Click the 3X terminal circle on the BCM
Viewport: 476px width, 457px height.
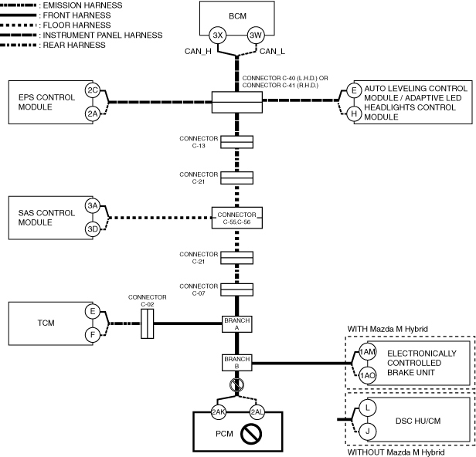[x=218, y=36]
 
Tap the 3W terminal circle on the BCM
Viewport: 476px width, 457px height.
[x=256, y=36]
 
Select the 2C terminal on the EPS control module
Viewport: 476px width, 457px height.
[x=93, y=90]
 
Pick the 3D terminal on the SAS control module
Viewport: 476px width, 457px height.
[x=93, y=229]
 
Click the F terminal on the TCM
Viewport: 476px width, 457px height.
[x=93, y=335]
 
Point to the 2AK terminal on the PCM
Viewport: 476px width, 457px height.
[x=219, y=411]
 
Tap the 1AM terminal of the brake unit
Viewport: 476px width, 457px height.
[x=367, y=352]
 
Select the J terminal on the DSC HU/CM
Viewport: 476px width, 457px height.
[x=367, y=432]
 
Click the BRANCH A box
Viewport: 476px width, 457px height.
[x=236, y=324]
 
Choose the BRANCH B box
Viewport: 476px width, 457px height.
[x=236, y=362]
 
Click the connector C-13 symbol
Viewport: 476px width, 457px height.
[x=236, y=142]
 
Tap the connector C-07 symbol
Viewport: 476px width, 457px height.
[x=236, y=289]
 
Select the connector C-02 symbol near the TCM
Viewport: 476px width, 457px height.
[x=148, y=323]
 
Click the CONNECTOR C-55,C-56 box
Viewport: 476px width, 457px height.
[x=236, y=218]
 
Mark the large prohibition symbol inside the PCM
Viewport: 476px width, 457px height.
[x=251, y=434]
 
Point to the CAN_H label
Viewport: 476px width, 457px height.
[x=198, y=52]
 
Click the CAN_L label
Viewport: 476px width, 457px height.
[x=272, y=52]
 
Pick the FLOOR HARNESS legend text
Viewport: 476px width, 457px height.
[x=76, y=25]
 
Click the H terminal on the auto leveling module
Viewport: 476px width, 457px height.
[x=354, y=113]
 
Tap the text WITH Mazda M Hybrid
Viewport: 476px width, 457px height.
[x=388, y=329]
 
